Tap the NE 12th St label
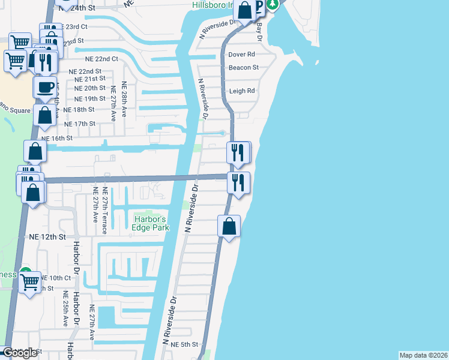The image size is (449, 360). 47,237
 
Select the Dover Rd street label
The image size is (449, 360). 242,55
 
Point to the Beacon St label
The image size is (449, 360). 243,68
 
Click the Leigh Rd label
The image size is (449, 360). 242,91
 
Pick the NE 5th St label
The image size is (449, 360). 184,344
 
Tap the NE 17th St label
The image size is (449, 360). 80,124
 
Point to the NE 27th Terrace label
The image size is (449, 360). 105,204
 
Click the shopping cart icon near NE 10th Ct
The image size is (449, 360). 29,281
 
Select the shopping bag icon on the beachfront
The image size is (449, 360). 229,227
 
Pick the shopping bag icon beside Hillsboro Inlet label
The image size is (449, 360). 244,10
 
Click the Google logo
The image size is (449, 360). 20,353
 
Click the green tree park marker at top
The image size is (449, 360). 273,5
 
